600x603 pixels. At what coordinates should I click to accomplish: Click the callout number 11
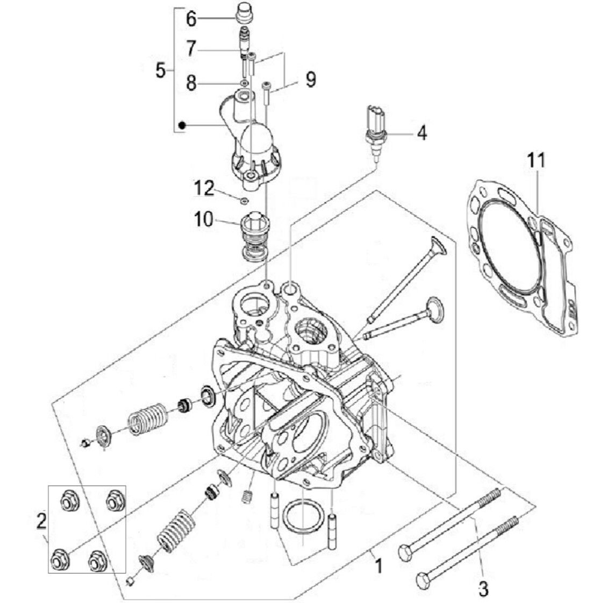click(x=536, y=160)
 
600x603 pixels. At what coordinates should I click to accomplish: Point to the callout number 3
click(x=483, y=588)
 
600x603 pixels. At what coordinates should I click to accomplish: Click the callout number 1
click(x=378, y=566)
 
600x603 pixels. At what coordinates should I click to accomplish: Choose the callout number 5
click(x=160, y=71)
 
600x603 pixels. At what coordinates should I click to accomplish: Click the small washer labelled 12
click(x=244, y=201)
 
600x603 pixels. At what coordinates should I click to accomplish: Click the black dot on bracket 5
click(x=182, y=125)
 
